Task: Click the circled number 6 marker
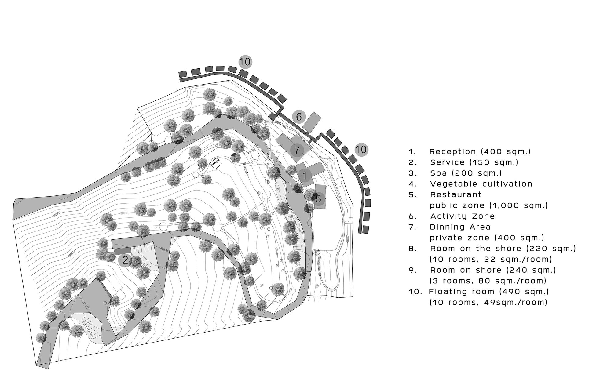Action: pos(298,117)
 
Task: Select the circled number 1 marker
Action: pos(304,176)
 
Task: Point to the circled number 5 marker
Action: pos(318,199)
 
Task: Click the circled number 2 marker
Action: pos(125,260)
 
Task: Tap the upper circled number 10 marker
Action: pos(245,62)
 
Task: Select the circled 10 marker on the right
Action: pos(361,150)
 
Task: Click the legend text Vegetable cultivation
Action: pos(481,184)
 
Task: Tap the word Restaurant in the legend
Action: pos(456,194)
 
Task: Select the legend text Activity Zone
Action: pos(463,216)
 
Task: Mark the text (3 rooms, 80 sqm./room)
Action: pos(488,281)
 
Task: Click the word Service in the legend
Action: pos(447,162)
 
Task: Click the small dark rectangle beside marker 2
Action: pos(123,251)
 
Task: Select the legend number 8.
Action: pos(412,249)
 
